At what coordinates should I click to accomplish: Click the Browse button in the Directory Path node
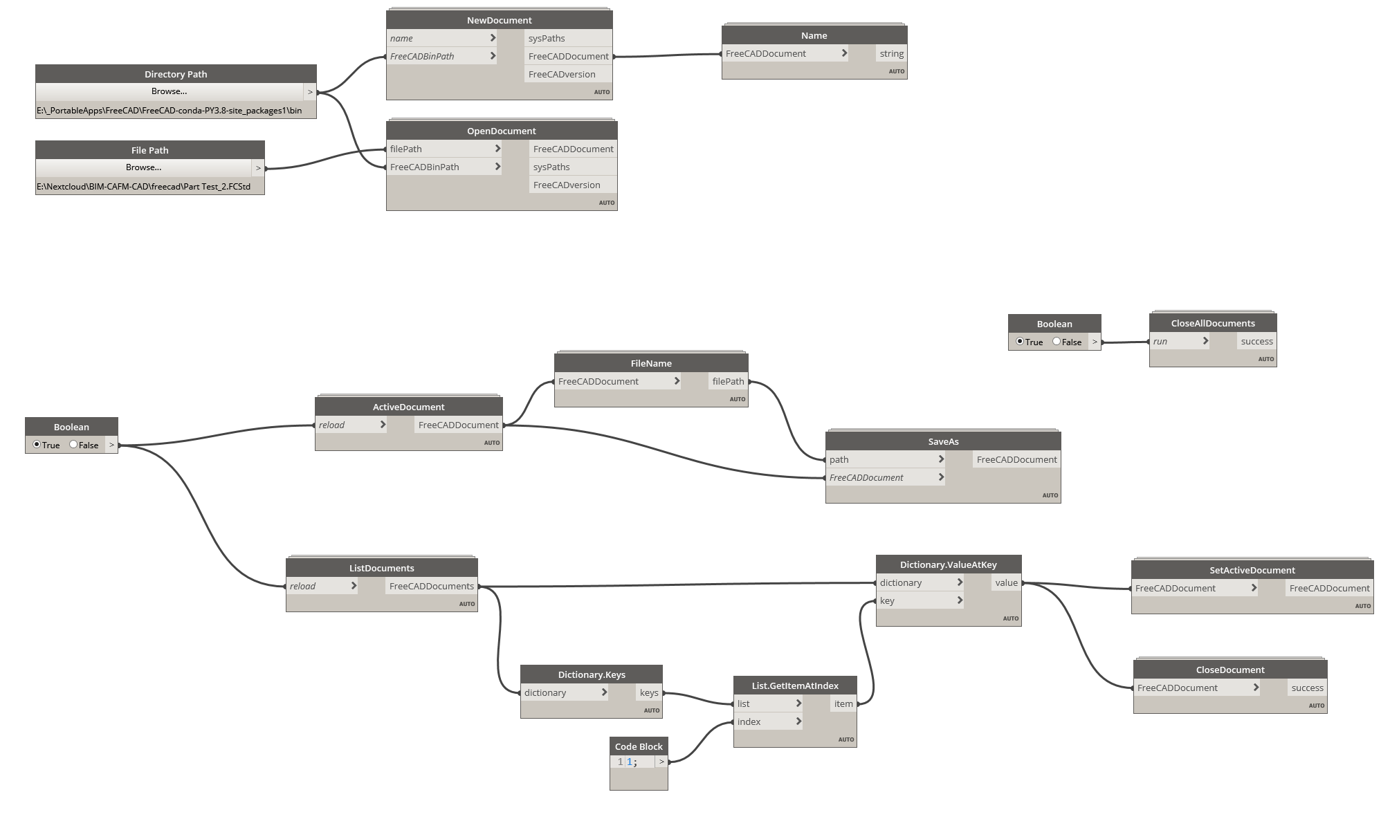coord(170,91)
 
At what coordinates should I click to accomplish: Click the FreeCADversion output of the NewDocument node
coord(561,74)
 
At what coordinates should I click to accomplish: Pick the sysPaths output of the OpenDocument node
coord(551,167)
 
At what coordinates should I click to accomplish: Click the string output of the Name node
coord(891,53)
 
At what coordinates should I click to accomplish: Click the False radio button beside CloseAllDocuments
coord(1057,341)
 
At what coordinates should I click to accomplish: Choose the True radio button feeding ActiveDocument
coord(37,445)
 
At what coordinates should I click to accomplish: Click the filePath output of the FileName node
coord(728,381)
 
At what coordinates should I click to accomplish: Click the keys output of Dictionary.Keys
coord(649,692)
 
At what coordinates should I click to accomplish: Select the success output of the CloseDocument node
coord(1307,688)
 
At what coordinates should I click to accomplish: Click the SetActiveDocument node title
coord(1252,570)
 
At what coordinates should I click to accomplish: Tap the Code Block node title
coord(639,746)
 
